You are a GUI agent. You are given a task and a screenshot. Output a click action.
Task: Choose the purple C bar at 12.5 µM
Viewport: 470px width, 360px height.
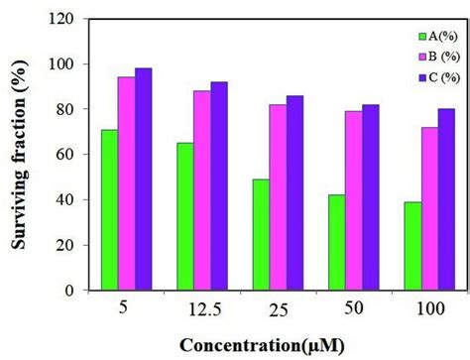(219, 185)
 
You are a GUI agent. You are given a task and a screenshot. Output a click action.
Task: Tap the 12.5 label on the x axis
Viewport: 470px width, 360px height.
(201, 309)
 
